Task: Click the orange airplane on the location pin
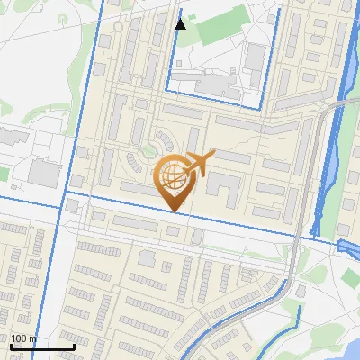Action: pos(200,163)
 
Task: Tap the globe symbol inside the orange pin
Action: pos(175,177)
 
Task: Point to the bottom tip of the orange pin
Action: pos(175,211)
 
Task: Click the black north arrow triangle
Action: pos(180,23)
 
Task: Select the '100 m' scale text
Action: pos(23,338)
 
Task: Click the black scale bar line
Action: pos(41,346)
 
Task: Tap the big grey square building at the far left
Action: pos(42,174)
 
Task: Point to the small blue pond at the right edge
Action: pos(347,247)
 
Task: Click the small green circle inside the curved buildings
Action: pos(146,150)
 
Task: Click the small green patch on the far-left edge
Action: pos(4,108)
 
